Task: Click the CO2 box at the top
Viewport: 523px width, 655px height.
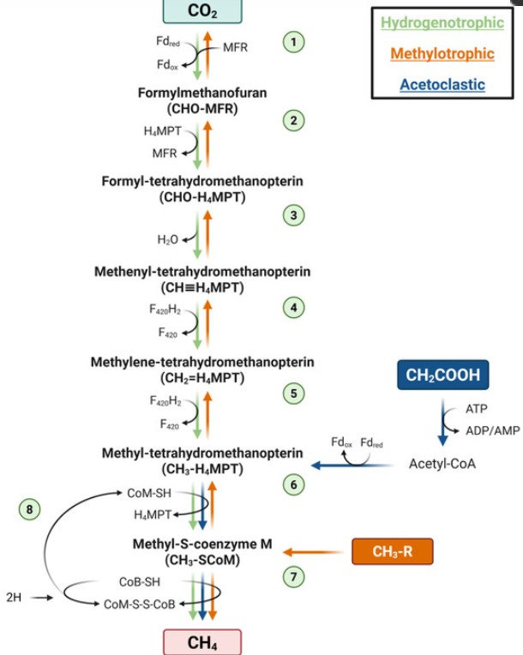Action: [202, 11]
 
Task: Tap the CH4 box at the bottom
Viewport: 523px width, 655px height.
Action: [202, 642]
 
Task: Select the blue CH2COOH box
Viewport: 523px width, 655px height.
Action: [442, 375]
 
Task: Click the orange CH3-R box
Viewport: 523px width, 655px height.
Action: [393, 551]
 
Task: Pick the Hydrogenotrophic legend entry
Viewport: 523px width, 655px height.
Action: [442, 22]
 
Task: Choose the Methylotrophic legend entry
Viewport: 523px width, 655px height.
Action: [442, 53]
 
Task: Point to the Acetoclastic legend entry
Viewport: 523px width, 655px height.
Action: [442, 84]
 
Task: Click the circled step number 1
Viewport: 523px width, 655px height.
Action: [294, 42]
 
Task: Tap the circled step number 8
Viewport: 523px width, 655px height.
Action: [30, 509]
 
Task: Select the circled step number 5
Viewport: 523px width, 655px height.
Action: [294, 394]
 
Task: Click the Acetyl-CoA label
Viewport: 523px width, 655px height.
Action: [442, 464]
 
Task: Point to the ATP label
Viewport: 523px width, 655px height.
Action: [477, 409]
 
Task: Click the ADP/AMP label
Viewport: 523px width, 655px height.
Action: [493, 430]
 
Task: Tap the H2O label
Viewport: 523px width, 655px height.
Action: [167, 239]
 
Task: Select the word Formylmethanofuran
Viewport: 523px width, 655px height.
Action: [202, 93]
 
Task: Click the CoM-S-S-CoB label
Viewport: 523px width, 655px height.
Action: [140, 604]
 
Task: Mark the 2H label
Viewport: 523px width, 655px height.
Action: [14, 598]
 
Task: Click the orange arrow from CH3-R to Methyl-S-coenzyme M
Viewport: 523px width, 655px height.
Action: [313, 552]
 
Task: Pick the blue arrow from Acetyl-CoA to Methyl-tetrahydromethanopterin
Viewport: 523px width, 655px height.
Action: [353, 465]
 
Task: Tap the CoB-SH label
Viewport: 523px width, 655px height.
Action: [140, 582]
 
